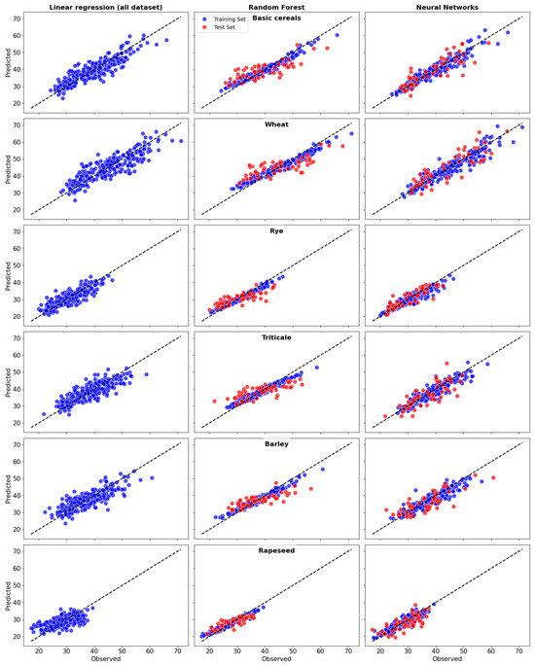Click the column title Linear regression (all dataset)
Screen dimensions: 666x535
(102, 7)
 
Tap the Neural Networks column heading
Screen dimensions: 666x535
(446, 7)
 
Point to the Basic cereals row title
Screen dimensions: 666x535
(276, 18)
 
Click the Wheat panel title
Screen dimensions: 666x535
(276, 124)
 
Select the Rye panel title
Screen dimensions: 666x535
(276, 231)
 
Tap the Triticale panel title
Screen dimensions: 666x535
(276, 338)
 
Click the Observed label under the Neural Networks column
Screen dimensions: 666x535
(446, 660)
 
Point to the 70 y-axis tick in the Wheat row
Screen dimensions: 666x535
(18, 125)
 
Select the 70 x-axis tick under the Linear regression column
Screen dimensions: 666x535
(177, 650)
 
